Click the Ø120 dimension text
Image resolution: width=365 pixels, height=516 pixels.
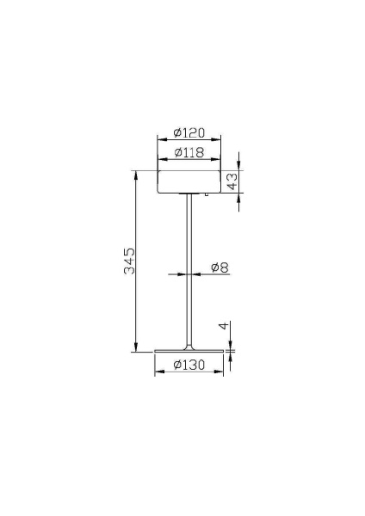(188, 132)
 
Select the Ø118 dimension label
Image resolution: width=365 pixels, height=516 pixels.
(188, 152)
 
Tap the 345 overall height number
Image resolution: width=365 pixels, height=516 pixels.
(129, 261)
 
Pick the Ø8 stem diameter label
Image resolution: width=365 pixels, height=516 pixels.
(219, 267)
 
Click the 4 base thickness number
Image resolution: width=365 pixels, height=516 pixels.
(222, 327)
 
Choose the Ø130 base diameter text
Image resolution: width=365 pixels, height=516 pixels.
(189, 365)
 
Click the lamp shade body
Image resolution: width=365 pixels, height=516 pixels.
(188, 181)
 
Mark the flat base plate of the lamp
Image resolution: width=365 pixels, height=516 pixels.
(189, 352)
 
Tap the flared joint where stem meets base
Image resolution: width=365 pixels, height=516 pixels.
(189, 347)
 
